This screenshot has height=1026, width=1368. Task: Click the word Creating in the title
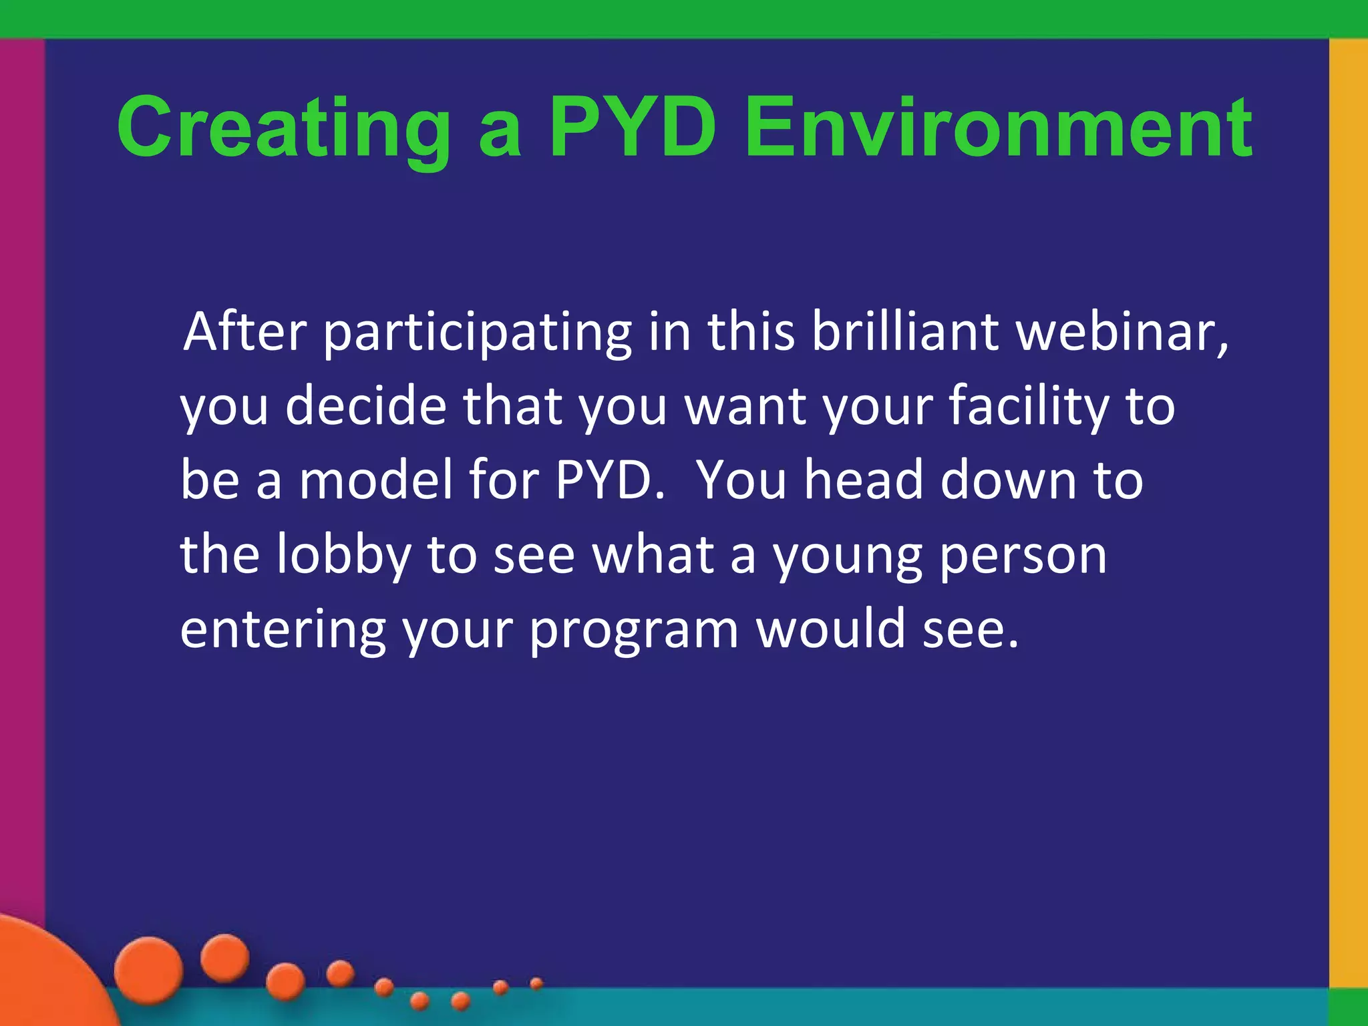tap(284, 128)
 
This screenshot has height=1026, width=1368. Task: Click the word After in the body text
tap(244, 332)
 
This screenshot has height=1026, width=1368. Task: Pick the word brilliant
tap(905, 332)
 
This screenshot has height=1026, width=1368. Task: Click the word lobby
tap(345, 555)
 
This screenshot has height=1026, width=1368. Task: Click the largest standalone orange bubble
tap(148, 969)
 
